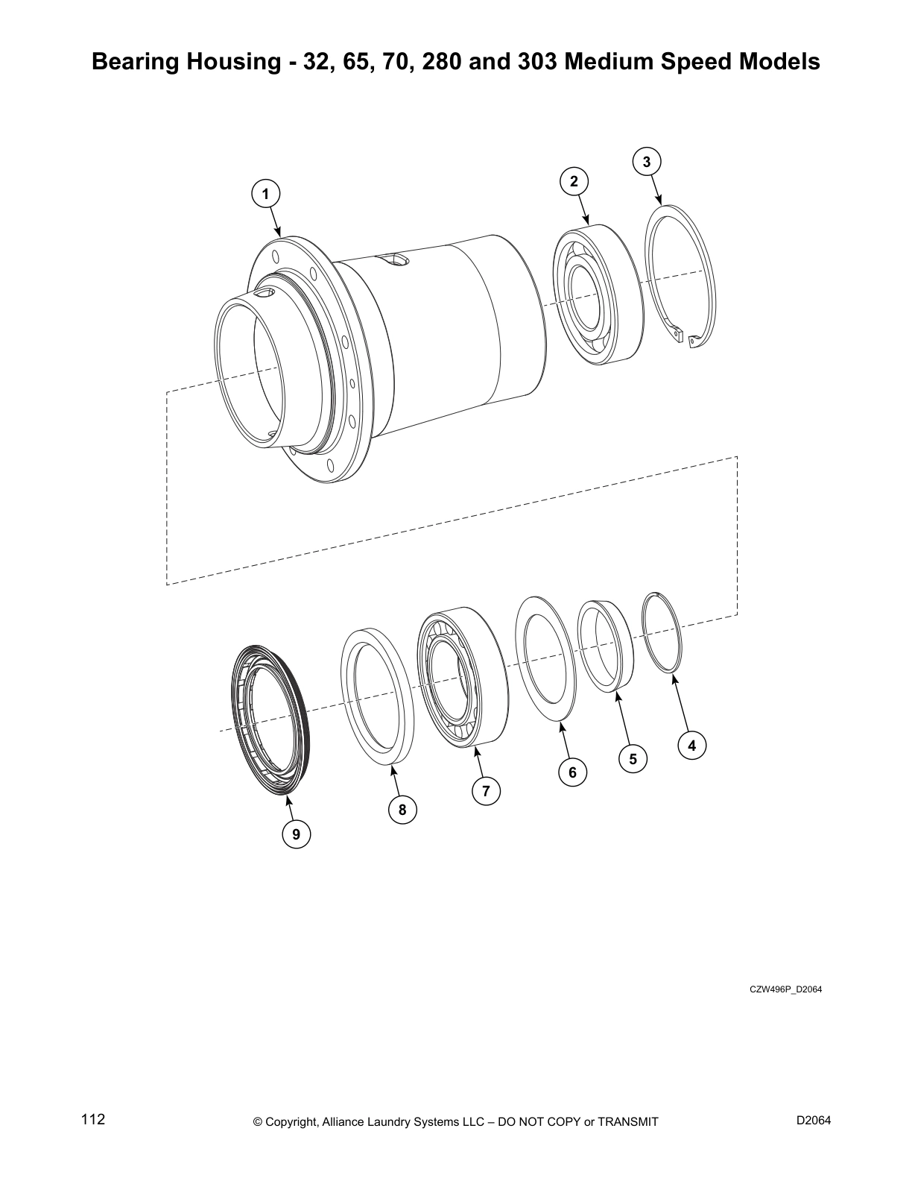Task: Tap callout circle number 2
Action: [x=574, y=181]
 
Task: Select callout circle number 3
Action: [x=647, y=161]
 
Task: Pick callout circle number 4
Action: [x=691, y=745]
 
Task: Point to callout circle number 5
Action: [x=633, y=759]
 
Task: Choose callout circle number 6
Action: [x=572, y=772]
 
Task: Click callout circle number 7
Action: [x=486, y=791]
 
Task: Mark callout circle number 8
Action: [x=402, y=810]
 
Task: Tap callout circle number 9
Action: [x=296, y=834]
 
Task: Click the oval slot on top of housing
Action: [x=393, y=259]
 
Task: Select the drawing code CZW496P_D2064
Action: [x=785, y=989]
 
